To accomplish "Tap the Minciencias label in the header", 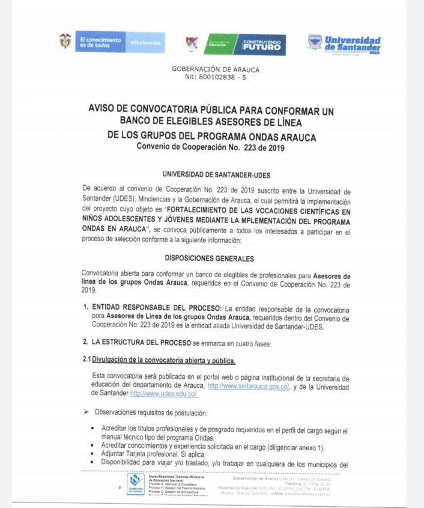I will pos(145,43).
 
